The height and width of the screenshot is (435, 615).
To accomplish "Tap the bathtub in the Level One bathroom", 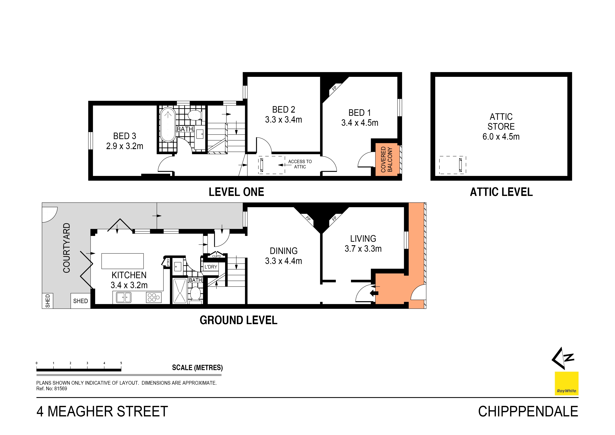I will point(168,125).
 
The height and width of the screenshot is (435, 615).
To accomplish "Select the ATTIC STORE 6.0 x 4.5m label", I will point(501,126).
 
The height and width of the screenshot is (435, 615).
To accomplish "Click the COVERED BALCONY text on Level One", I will point(387,159).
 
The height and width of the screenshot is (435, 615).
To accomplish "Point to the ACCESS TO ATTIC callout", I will point(300,164).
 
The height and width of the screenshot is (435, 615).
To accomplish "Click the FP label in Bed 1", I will point(334,88).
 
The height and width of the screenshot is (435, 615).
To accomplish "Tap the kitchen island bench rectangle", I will point(122,261).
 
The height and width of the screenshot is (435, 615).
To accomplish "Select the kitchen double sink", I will point(123,297).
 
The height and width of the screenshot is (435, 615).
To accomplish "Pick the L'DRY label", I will point(211,267).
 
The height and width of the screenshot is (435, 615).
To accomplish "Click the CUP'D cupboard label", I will point(217,256).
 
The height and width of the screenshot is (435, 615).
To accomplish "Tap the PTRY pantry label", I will point(168,262).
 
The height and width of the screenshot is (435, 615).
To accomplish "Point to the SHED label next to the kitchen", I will point(80,301).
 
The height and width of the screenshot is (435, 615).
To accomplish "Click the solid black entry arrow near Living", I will point(374,293).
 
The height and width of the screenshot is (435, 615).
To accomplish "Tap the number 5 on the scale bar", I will point(121,363).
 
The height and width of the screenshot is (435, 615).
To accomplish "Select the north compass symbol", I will point(563,358).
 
